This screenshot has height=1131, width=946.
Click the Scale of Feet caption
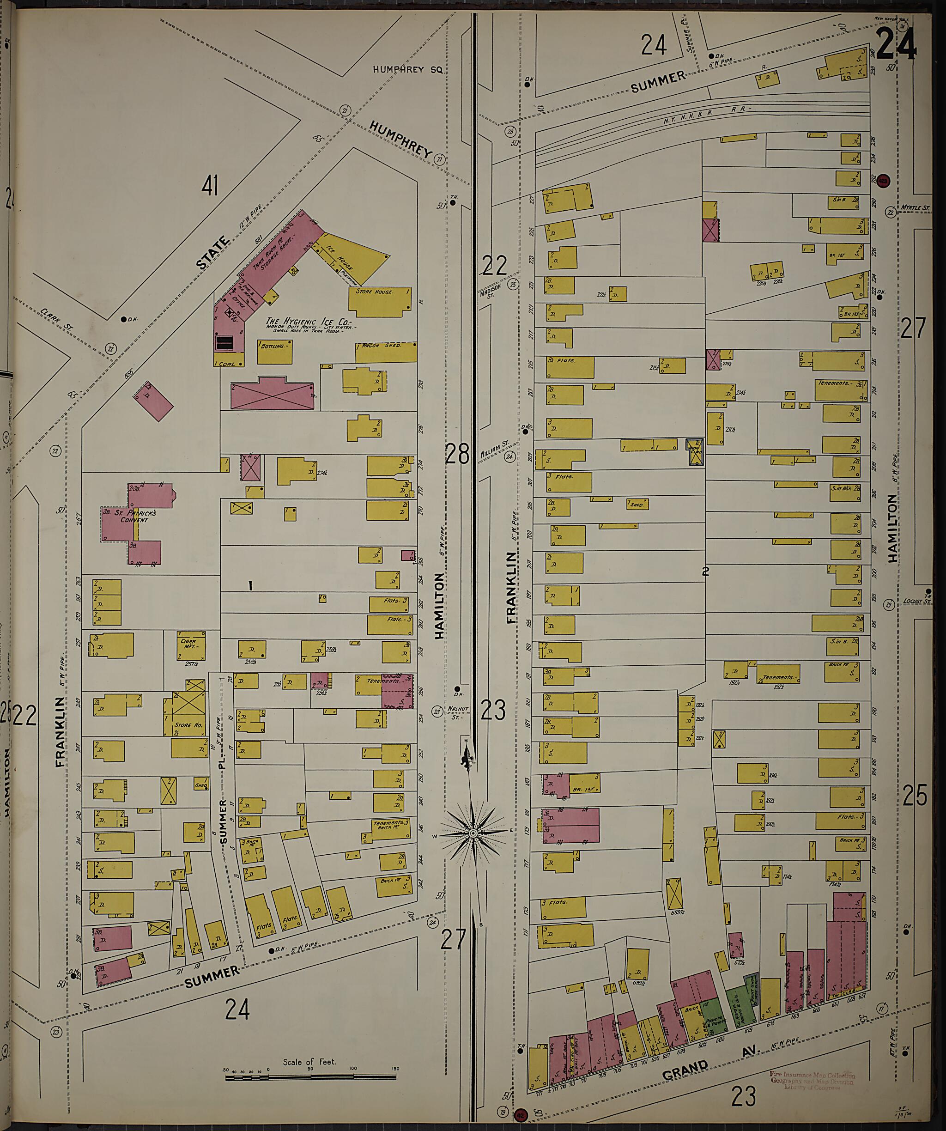309,1062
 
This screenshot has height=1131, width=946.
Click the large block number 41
210,186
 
